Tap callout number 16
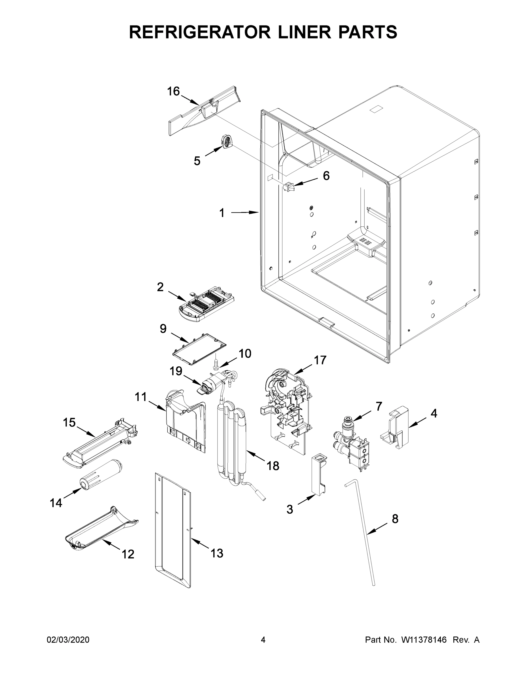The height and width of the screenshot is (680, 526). pyautogui.click(x=174, y=92)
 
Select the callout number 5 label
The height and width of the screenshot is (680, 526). pyautogui.click(x=197, y=161)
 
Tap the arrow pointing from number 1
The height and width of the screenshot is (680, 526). pyautogui.click(x=245, y=213)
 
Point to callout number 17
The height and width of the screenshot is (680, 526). pyautogui.click(x=320, y=360)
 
